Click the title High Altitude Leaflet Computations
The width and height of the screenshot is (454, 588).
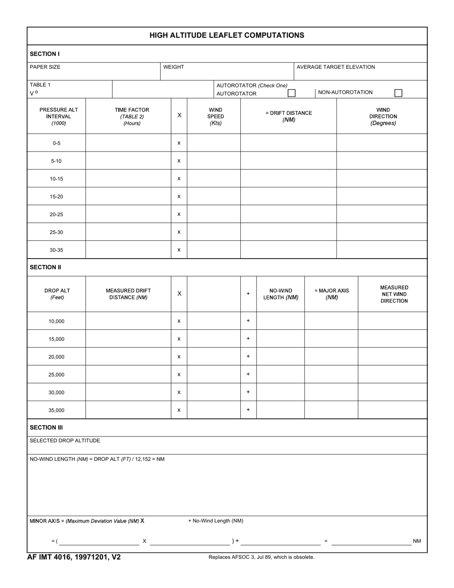227,35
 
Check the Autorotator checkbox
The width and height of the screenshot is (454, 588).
292,93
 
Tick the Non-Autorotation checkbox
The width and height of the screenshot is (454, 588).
398,93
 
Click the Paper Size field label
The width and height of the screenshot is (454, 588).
45,67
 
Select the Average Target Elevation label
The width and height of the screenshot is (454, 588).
335,67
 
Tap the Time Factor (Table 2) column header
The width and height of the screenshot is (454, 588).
132,116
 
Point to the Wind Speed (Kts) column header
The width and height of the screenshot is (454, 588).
216,116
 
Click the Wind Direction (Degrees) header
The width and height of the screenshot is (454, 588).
383,116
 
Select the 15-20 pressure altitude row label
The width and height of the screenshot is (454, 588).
56,196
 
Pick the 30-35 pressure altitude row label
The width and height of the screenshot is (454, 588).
56,250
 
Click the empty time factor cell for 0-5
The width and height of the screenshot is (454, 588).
128,143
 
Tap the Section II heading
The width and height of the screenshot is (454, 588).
45,267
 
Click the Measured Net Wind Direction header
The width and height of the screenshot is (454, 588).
394,294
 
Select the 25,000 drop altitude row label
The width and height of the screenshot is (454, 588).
56,375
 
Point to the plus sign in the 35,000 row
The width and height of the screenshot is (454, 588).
248,410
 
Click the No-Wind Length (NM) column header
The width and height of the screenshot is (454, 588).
281,294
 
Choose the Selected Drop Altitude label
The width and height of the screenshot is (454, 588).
65,441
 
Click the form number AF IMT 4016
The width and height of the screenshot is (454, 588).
74,557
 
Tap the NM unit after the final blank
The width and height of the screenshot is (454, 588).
417,541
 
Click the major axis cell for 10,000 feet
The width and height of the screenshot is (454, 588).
331,321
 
